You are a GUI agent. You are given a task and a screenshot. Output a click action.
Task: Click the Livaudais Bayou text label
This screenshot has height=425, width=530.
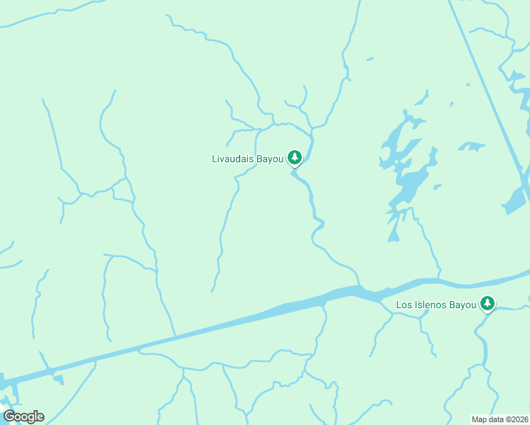coord(247,159)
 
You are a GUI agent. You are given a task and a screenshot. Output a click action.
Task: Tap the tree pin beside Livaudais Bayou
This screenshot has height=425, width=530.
coord(295,158)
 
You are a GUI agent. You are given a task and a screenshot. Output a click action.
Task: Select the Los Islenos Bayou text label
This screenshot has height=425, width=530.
coord(436,305)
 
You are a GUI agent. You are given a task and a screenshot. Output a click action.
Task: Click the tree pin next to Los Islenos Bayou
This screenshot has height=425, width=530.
coord(487,304)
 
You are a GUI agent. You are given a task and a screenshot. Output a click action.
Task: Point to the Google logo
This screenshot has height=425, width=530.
coord(23,416)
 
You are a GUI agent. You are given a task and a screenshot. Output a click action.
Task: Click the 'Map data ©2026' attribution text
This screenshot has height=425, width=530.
coord(500,419)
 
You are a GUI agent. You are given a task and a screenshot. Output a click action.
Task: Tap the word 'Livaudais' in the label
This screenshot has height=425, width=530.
coord(235,159)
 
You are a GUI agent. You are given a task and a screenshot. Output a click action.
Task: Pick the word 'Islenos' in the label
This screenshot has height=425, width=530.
coord(431,305)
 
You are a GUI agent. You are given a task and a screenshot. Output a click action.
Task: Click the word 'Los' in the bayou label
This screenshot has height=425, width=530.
coord(404,305)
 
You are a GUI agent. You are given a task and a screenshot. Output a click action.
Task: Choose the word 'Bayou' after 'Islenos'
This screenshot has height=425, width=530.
coord(463,305)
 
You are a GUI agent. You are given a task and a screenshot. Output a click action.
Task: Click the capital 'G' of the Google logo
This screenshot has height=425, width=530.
coord(9,416)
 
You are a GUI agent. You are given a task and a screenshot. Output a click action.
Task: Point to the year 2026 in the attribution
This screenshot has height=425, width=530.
coord(517,419)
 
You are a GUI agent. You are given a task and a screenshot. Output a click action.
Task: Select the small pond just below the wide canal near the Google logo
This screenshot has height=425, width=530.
coord(58,379)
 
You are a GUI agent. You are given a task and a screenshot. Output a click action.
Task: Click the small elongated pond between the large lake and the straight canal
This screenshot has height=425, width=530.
coord(471,147)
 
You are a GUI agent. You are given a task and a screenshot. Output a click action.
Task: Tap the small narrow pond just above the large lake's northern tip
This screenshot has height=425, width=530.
coord(422,96)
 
